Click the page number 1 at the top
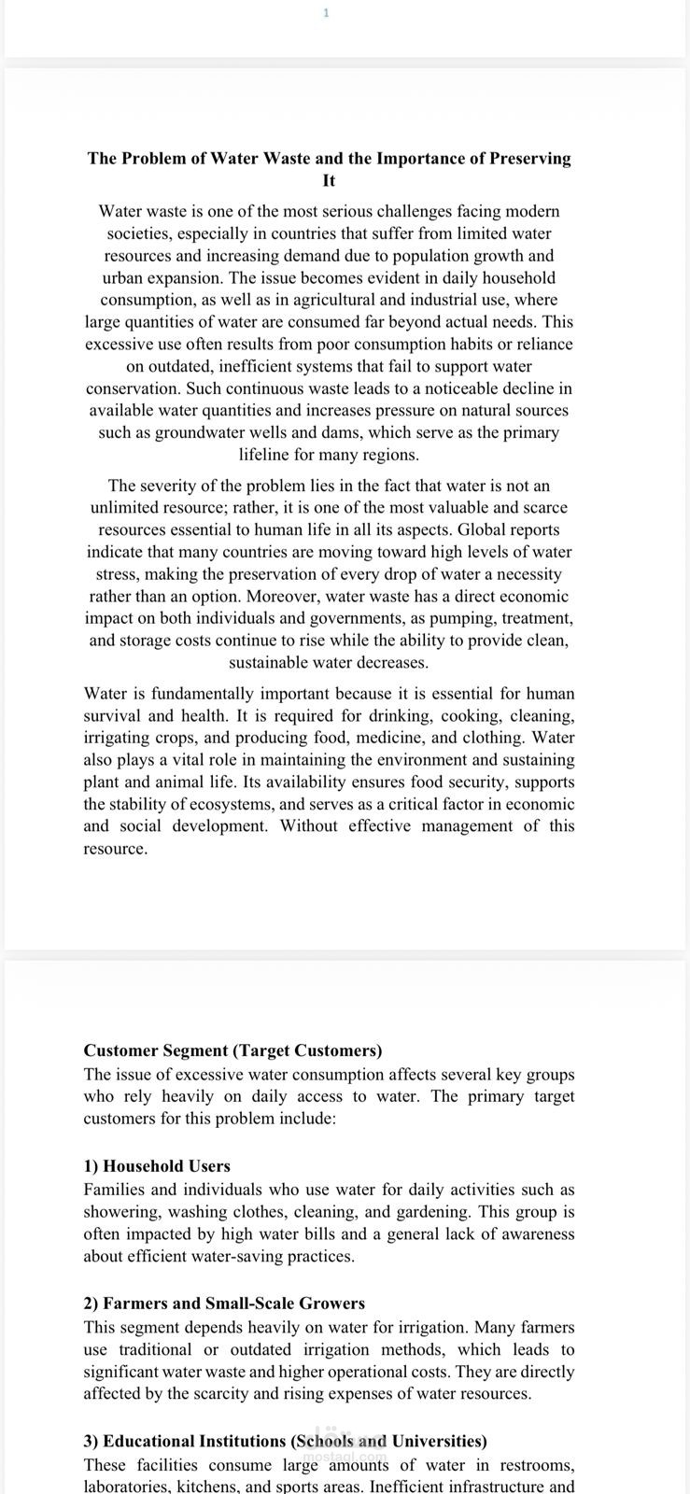click(326, 13)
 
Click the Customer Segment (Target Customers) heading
click(232, 1050)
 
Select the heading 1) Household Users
click(157, 1165)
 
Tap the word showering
click(122, 1211)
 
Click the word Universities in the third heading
click(438, 1441)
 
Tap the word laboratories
click(127, 1486)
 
